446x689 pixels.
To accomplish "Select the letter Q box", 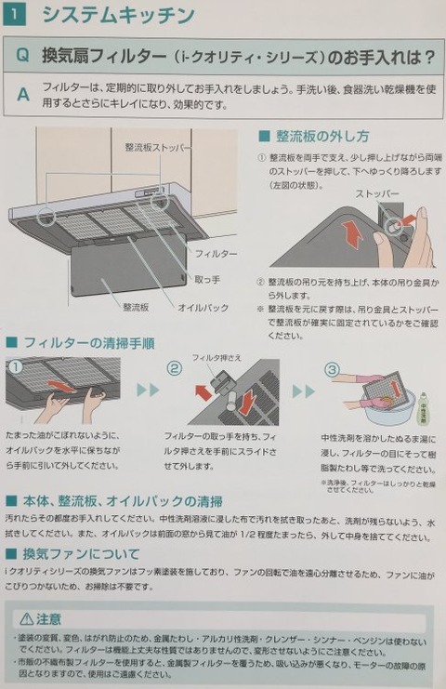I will click(x=22, y=56).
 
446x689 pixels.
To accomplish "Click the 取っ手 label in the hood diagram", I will click(x=208, y=279).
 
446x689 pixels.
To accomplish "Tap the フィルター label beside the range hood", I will click(x=216, y=254).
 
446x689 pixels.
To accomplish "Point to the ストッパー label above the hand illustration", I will click(x=376, y=195).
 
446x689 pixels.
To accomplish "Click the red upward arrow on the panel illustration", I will click(x=351, y=234).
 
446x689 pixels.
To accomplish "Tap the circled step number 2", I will click(x=174, y=369).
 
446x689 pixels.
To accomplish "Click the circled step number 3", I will click(x=332, y=369).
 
